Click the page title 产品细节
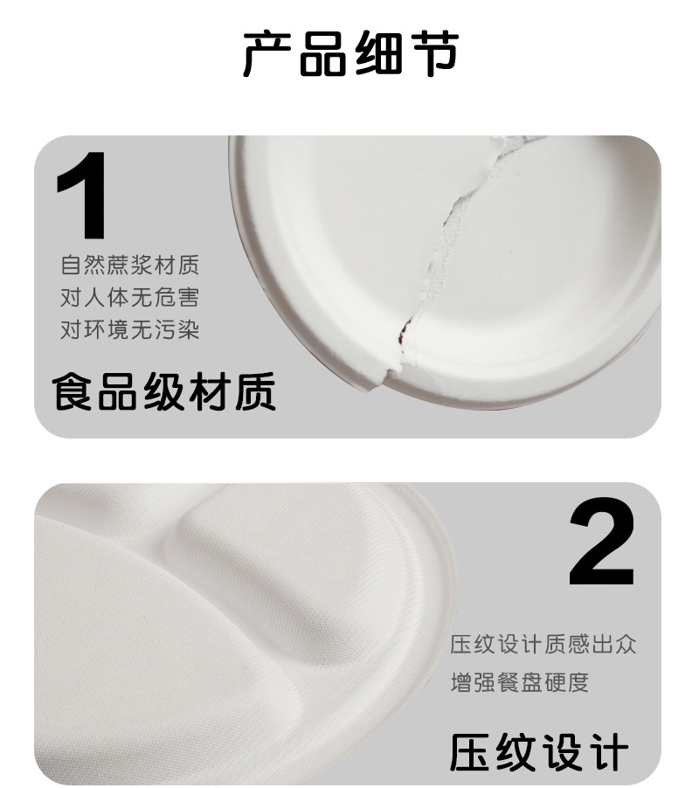click(x=349, y=55)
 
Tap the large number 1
click(x=83, y=196)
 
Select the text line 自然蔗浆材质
click(x=129, y=265)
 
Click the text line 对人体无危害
click(x=129, y=297)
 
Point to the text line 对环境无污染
click(x=129, y=329)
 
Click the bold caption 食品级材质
click(x=164, y=391)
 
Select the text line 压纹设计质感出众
click(x=543, y=646)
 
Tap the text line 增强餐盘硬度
click(x=519, y=681)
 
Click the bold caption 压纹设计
click(x=539, y=752)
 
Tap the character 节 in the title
click(x=432, y=55)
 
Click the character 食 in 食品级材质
click(x=73, y=391)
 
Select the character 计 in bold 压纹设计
click(x=607, y=752)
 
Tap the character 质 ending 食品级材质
click(x=254, y=391)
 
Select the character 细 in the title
click(x=377, y=55)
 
